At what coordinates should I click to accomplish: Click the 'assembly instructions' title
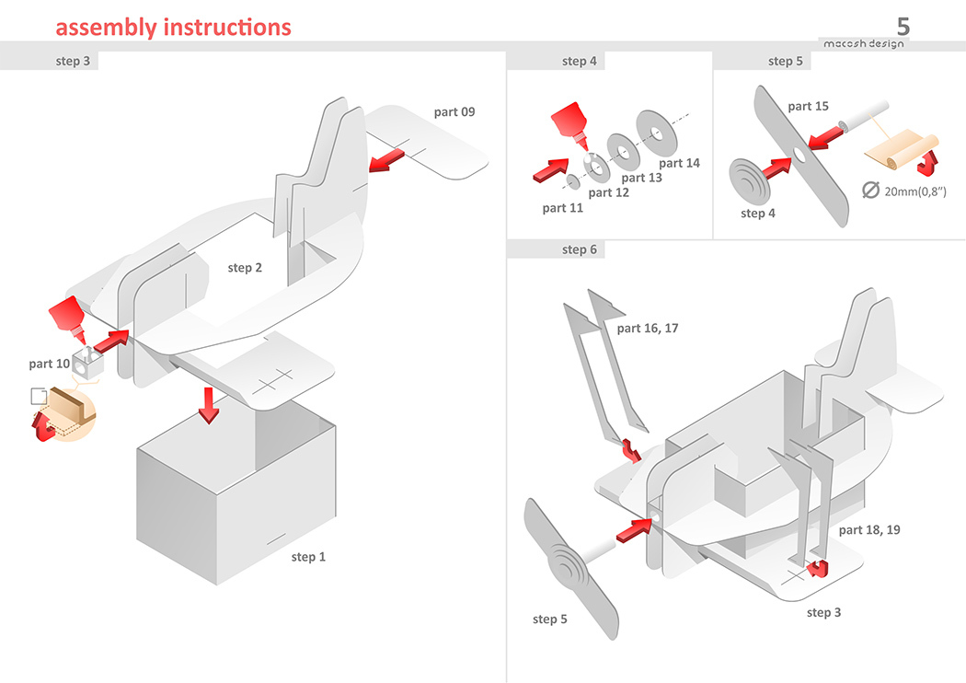click(x=173, y=28)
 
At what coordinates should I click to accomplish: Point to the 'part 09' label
click(x=454, y=112)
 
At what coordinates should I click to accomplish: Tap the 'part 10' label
click(x=49, y=364)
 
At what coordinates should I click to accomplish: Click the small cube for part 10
click(x=88, y=364)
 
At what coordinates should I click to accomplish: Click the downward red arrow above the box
click(x=210, y=404)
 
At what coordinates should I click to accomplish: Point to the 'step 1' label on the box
click(x=308, y=557)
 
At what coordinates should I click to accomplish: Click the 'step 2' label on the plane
click(x=246, y=268)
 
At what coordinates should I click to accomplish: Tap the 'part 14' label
click(x=679, y=163)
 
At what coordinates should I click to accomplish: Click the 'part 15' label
click(x=808, y=106)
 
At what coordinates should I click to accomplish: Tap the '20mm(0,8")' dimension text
click(x=915, y=191)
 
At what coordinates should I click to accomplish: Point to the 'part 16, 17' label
click(x=648, y=328)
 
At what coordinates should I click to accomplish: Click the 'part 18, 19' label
click(x=869, y=530)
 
